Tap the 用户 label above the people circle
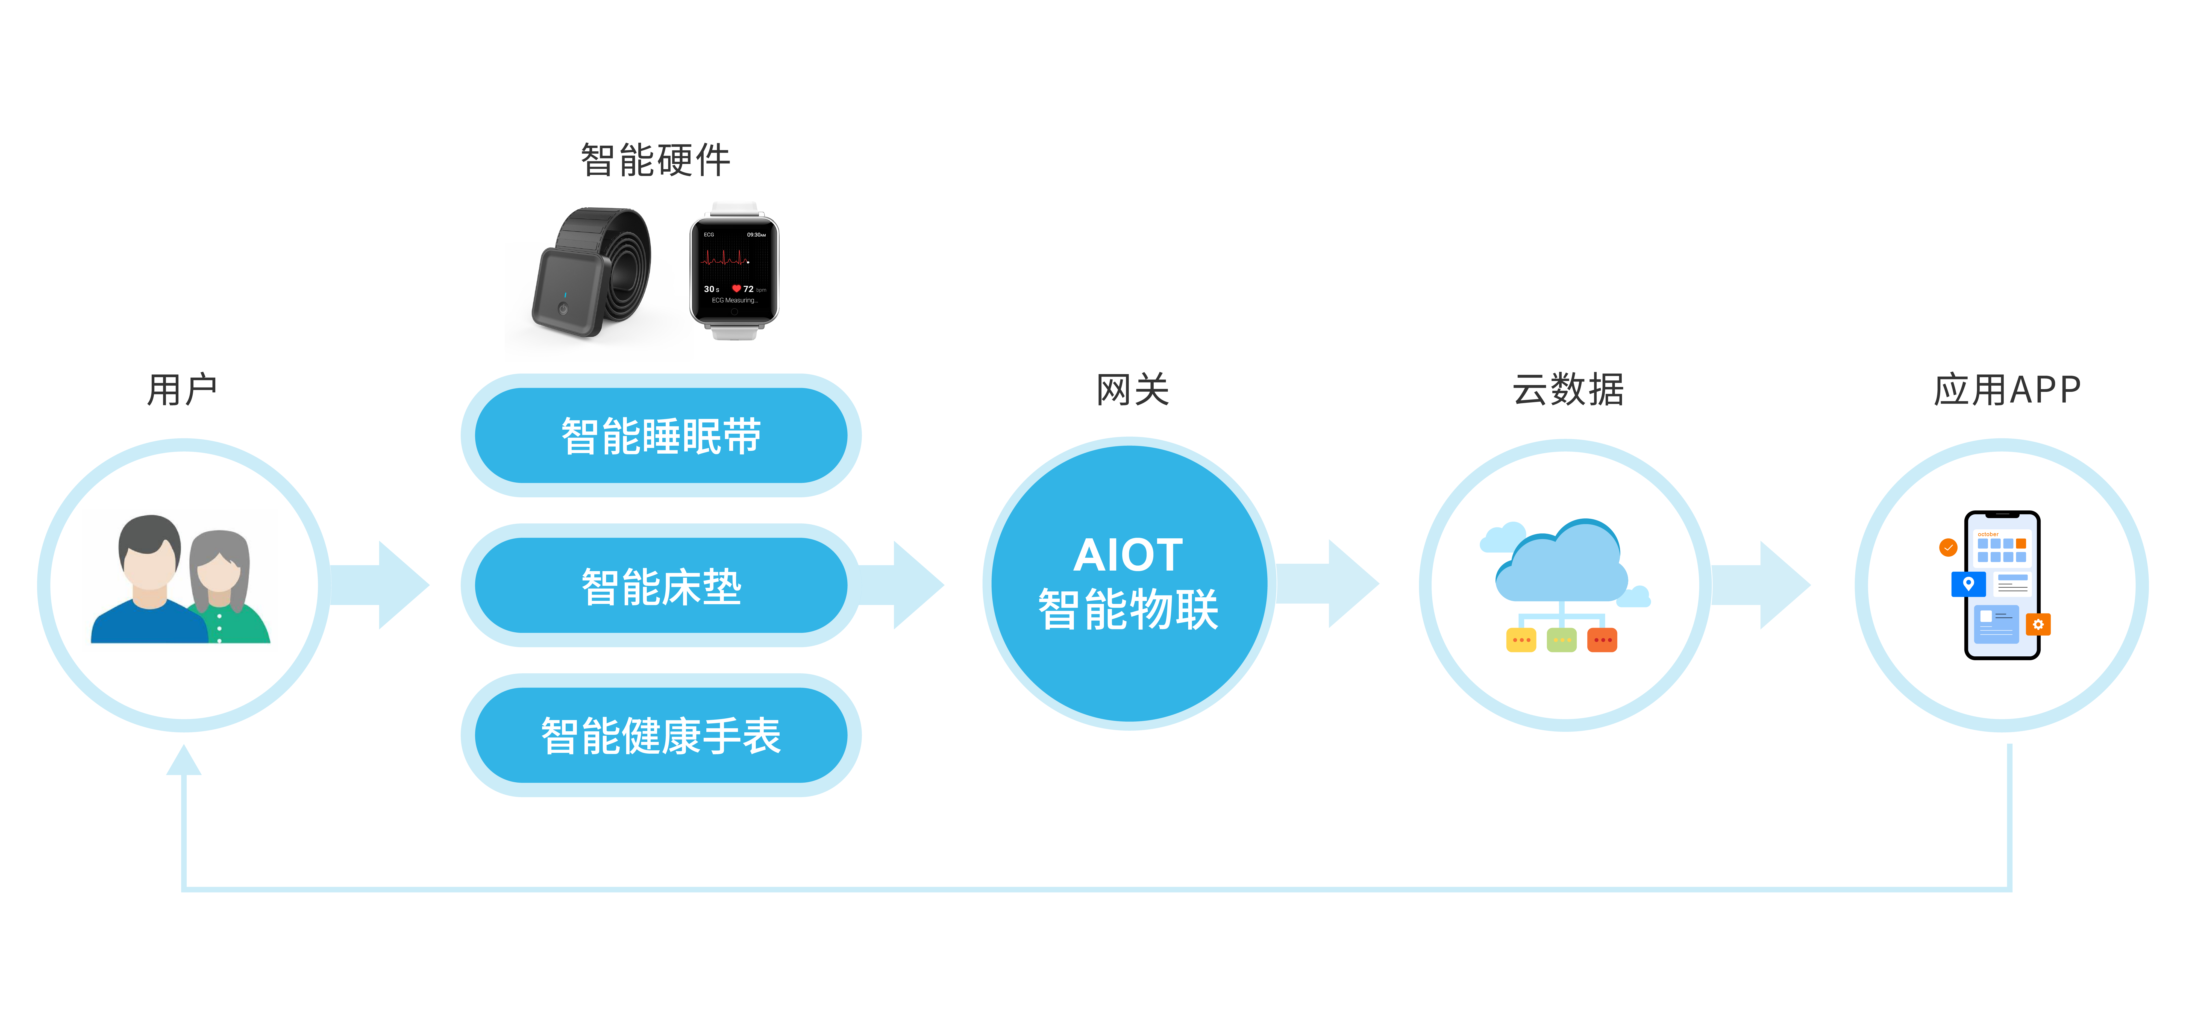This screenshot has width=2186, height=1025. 182,389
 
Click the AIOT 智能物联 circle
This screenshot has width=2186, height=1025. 1129,584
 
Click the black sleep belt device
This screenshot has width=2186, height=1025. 590,272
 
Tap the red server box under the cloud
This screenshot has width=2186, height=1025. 1602,640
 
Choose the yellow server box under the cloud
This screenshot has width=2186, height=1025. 1521,640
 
